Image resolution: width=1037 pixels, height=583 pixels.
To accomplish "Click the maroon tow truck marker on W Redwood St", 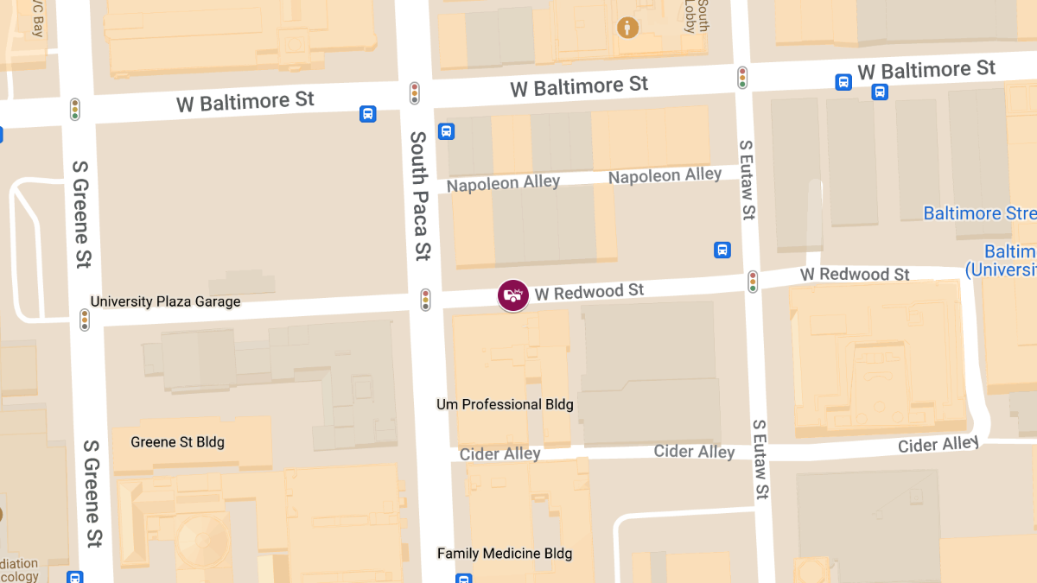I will coord(513,295).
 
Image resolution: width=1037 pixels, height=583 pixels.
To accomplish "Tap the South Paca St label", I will coord(420,195).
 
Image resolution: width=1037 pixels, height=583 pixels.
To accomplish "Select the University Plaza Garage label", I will coord(166,301).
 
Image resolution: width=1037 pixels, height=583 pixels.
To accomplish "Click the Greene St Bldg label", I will coord(177,442).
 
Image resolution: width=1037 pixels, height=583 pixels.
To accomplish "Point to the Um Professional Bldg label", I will coord(505,404).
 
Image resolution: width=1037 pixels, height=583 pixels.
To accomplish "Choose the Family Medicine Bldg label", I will coord(505,554).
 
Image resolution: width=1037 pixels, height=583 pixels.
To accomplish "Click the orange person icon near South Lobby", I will coord(628,28).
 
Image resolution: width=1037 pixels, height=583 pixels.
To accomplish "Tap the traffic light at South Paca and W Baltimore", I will coord(415,93).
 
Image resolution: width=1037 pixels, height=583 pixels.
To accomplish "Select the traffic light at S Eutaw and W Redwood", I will coord(753,282).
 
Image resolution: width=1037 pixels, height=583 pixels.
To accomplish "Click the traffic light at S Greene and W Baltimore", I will coord(75,110).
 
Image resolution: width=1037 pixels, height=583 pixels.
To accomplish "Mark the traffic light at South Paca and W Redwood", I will coord(425,300).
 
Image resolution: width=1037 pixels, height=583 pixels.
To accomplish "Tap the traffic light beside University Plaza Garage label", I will coord(85,320).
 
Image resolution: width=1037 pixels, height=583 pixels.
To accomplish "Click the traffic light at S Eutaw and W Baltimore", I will coord(742,78).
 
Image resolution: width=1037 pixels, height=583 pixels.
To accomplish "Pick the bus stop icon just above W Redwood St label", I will coord(722,250).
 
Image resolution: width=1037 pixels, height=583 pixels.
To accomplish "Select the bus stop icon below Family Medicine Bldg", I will coord(464,578).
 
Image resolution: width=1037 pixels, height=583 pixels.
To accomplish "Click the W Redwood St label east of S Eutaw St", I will coord(855,275).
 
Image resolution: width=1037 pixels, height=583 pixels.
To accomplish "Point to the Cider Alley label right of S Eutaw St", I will coord(938,445).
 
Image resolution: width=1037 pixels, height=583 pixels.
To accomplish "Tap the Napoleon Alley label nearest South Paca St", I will coord(503,183).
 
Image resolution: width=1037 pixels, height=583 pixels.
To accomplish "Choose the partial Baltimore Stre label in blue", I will coord(979,213).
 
